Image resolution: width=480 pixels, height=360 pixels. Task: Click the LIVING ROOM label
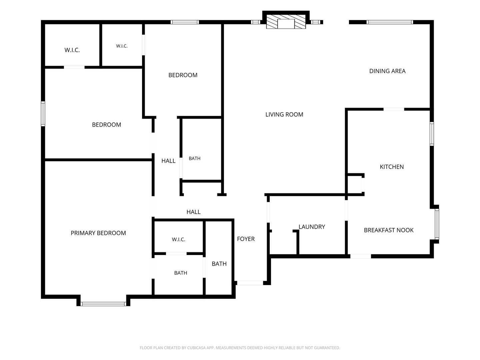point(284,115)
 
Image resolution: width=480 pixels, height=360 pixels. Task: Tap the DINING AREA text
point(387,71)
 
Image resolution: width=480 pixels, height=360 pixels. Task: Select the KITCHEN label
point(392,167)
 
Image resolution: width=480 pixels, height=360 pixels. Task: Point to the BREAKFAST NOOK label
point(389,230)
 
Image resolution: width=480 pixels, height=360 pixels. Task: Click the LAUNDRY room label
point(312,227)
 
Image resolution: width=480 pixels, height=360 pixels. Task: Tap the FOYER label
point(246,239)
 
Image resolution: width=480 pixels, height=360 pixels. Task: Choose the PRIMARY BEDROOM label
point(98,233)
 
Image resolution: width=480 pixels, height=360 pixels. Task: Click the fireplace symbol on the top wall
point(286,22)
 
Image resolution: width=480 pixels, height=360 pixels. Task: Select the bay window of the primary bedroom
point(103,304)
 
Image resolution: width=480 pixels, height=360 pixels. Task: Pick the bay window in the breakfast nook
point(437,224)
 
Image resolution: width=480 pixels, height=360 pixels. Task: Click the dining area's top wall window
point(390,22)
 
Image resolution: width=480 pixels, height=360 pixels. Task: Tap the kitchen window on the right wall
point(432,134)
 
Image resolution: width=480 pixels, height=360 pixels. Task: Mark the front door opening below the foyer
point(250,283)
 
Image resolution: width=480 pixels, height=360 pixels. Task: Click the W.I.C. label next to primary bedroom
point(178,240)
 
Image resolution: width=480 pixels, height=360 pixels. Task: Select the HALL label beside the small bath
point(168,161)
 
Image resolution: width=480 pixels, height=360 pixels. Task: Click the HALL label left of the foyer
point(193,212)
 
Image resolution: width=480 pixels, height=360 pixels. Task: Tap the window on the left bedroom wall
point(43,114)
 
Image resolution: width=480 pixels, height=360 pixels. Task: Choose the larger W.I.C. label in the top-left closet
point(72,50)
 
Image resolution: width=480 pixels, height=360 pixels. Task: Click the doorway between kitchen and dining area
point(394,109)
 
